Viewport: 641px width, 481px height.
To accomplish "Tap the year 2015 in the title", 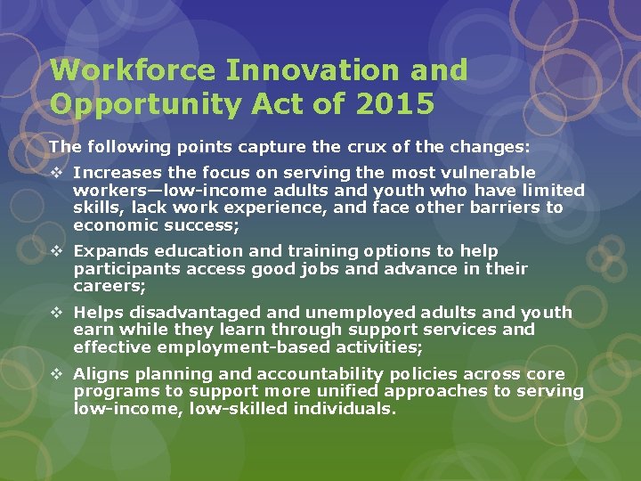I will [395, 104].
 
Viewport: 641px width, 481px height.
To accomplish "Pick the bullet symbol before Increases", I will [56, 173].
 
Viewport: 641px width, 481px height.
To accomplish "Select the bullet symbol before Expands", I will [56, 252].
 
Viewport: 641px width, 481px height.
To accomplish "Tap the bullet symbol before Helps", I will [56, 313].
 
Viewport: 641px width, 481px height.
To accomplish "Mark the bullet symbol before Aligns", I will [56, 374].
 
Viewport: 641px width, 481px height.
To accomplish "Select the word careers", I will [110, 286].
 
